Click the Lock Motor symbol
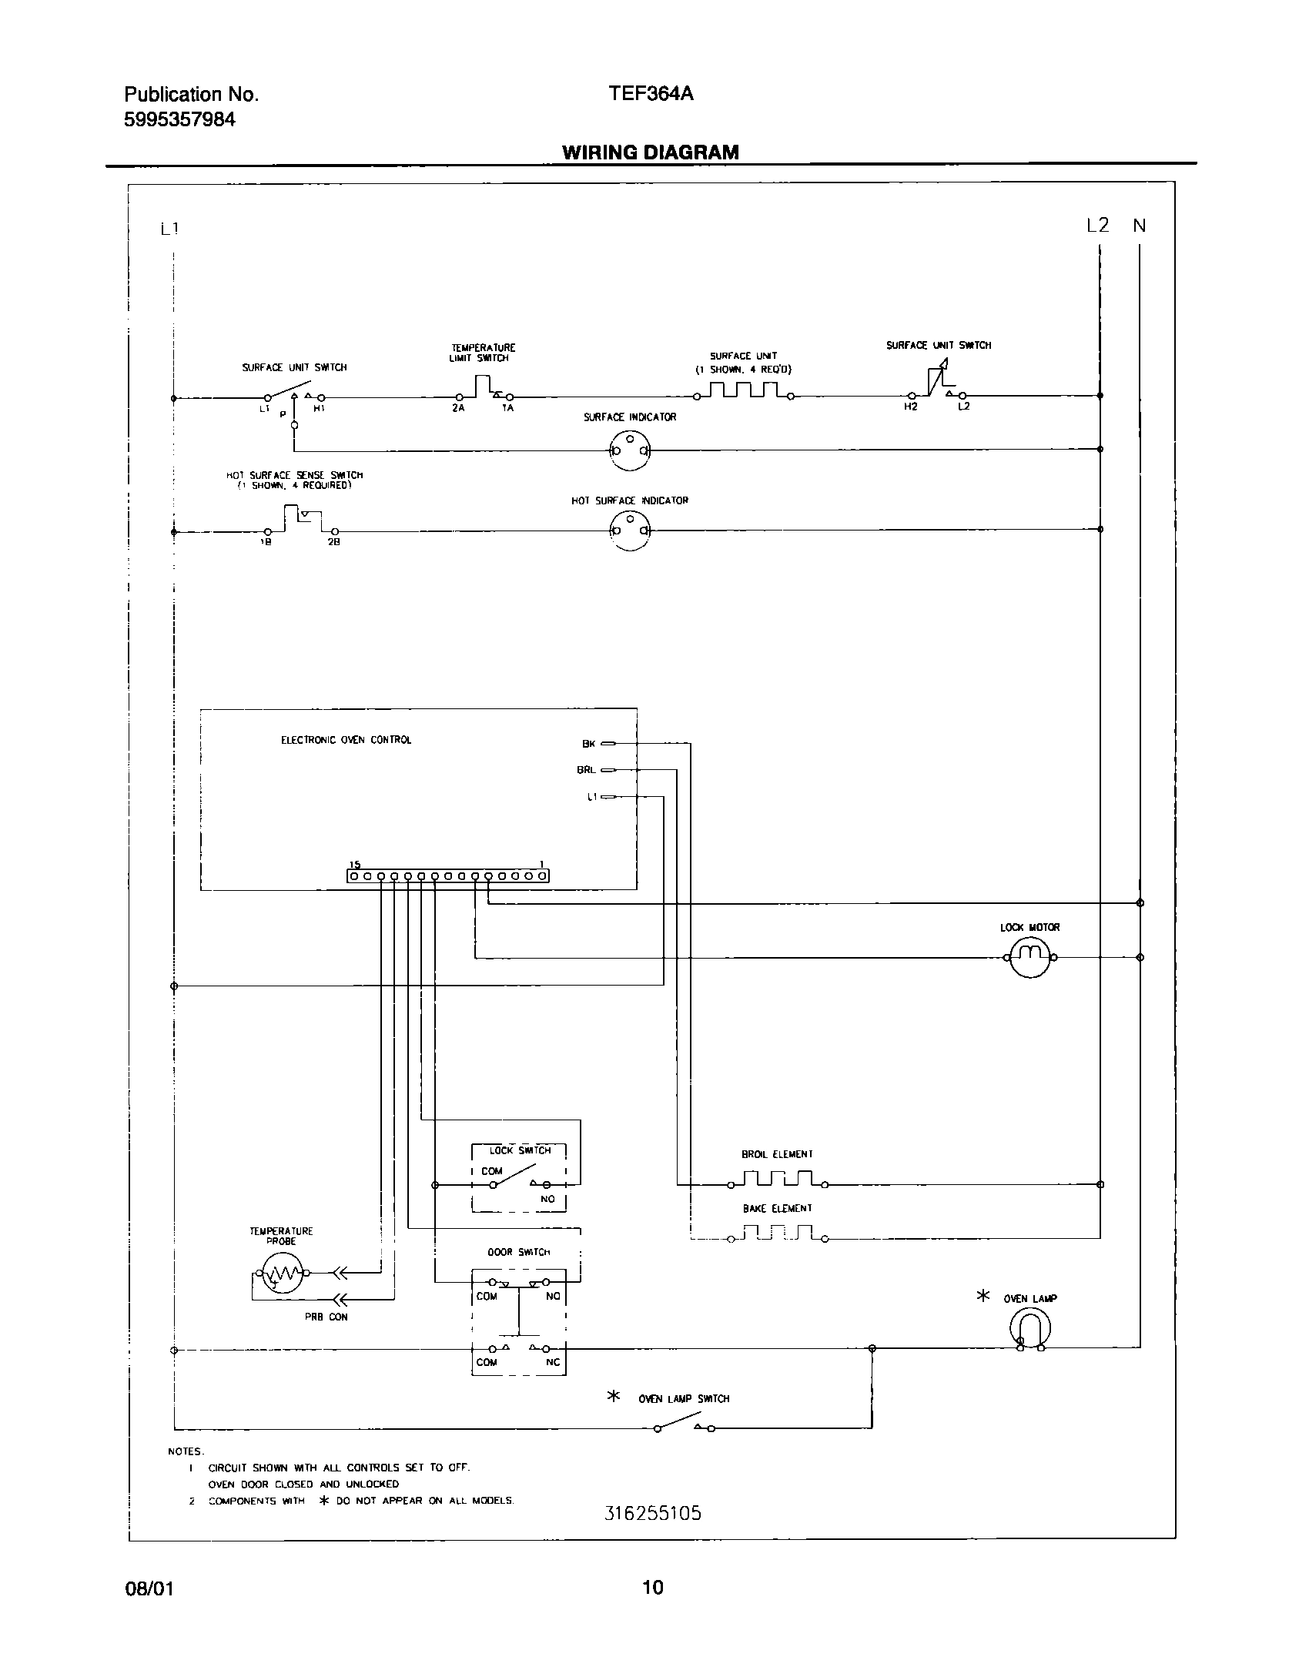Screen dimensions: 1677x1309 click(1029, 958)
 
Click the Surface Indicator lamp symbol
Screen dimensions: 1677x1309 click(630, 450)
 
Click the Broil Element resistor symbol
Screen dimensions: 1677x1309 click(778, 1180)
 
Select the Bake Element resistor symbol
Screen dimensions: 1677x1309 click(778, 1233)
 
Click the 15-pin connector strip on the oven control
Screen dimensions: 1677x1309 click(448, 876)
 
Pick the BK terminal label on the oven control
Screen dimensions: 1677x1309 click(589, 744)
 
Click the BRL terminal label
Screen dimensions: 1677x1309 click(586, 769)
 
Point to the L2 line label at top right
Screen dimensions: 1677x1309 click(1097, 226)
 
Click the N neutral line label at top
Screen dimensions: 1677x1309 click(1140, 226)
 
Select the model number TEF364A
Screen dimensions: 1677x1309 click(651, 93)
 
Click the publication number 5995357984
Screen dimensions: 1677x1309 click(179, 119)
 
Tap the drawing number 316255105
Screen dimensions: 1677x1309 click(653, 1514)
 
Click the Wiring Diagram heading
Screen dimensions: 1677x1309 click(650, 152)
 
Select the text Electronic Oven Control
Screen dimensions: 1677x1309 click(346, 740)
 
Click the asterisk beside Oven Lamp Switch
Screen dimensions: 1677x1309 click(614, 1397)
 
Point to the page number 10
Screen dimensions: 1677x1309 click(652, 1587)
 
